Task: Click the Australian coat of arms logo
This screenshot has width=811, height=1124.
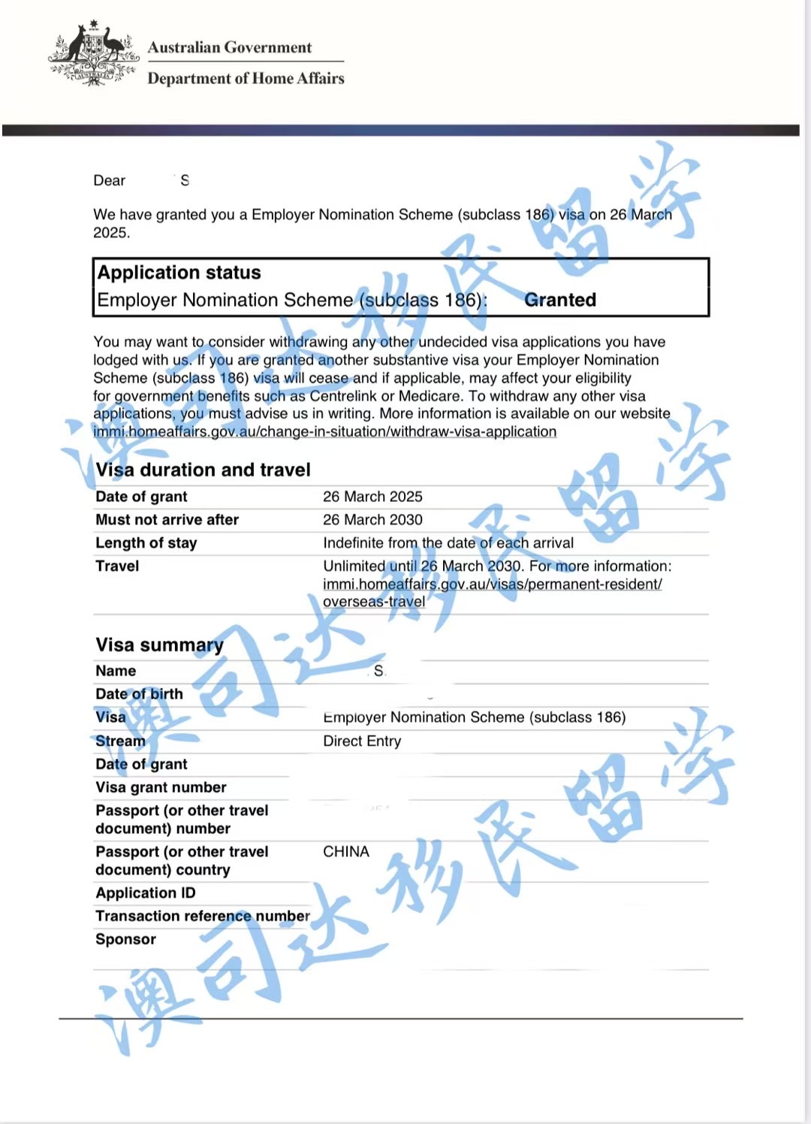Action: pos(93,53)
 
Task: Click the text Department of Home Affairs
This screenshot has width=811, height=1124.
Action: pos(246,78)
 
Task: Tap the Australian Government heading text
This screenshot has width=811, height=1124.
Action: pos(229,47)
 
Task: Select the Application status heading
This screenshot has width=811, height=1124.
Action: pos(179,272)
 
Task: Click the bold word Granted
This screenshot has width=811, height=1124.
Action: pos(559,300)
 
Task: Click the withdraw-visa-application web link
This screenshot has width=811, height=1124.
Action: pos(324,431)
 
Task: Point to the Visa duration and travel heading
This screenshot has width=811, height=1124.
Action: pos(203,470)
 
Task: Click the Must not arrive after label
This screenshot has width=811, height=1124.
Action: pos(167,519)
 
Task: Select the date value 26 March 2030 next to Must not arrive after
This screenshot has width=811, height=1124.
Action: pos(372,519)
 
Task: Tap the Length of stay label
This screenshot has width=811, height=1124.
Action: pos(146,542)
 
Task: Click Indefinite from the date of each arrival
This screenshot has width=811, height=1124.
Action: pos(448,542)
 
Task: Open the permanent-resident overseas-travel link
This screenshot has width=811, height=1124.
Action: pos(492,585)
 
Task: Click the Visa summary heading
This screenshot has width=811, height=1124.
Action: pos(159,645)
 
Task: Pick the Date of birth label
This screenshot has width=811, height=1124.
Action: pos(139,693)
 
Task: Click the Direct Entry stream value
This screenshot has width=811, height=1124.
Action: pos(362,741)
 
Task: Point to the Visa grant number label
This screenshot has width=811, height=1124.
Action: pos(161,787)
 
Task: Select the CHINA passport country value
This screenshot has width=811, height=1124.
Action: pos(345,851)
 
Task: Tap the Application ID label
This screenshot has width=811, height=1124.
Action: pos(145,893)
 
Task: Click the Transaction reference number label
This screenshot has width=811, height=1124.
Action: pos(202,916)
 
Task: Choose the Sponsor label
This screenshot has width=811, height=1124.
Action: pos(125,939)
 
